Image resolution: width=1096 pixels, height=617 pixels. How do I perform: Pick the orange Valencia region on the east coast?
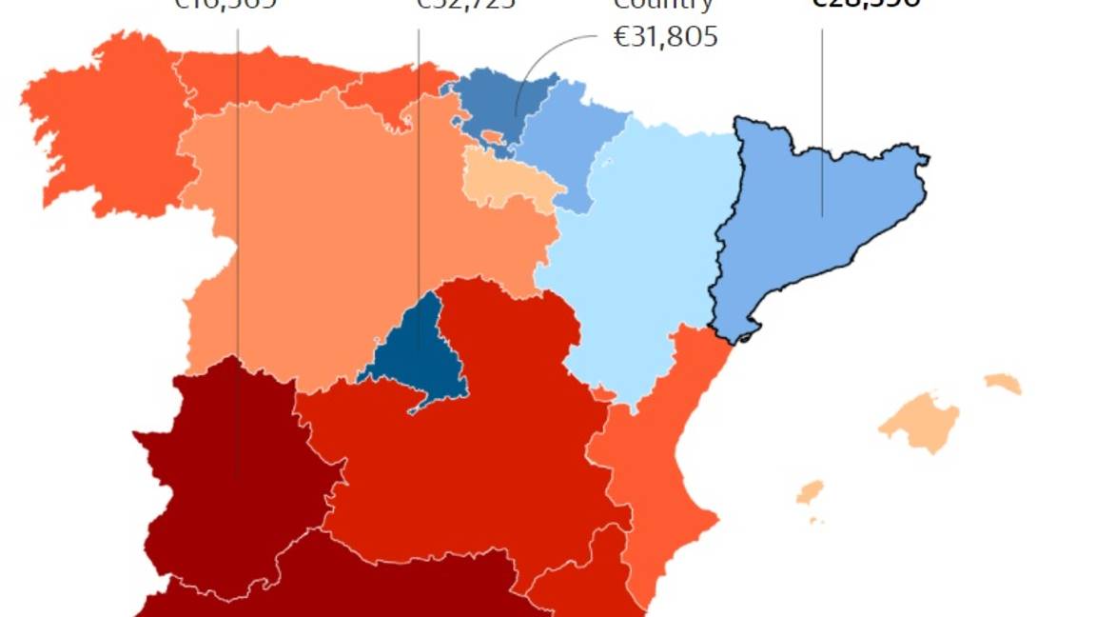point(656,476)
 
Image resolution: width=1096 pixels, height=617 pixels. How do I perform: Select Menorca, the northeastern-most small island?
point(1003,384)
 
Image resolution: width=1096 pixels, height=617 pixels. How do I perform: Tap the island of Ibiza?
point(810,492)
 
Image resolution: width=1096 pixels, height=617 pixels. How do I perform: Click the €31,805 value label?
point(665,37)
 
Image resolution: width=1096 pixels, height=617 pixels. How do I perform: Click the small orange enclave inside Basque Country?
point(492,137)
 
